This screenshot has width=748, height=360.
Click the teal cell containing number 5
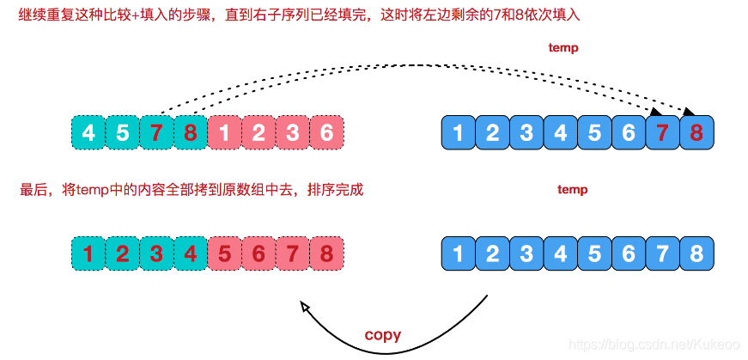122,133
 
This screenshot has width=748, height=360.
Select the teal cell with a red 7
155,133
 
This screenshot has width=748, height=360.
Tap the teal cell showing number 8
189,133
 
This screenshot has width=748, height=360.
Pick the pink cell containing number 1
223,133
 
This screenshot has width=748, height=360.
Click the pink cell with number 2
258,133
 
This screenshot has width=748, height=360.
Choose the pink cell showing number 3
292,133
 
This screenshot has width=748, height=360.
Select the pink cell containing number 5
223,254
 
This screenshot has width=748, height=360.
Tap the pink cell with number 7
292,254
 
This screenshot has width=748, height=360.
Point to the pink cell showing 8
325,254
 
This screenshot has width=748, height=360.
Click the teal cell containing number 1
88,254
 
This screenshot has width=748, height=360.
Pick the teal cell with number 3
155,254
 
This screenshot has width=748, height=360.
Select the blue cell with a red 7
662,133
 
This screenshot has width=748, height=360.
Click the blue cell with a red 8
696,133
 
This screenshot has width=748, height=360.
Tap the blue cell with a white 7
662,254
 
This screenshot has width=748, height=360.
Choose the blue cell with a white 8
696,254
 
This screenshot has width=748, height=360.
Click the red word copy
383,334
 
